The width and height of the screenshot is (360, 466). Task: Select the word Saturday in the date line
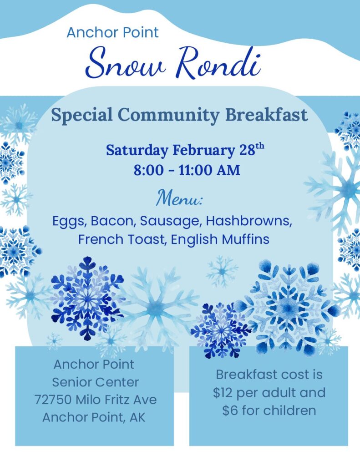click(137, 150)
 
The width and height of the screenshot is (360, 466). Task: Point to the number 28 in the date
click(247, 150)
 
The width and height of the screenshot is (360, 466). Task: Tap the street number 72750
click(53, 400)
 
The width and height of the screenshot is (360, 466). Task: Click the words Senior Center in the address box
click(96, 382)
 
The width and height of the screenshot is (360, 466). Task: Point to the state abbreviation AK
click(137, 417)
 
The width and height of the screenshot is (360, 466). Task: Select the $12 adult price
click(223, 393)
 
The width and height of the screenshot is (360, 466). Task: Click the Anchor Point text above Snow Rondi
click(113, 32)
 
